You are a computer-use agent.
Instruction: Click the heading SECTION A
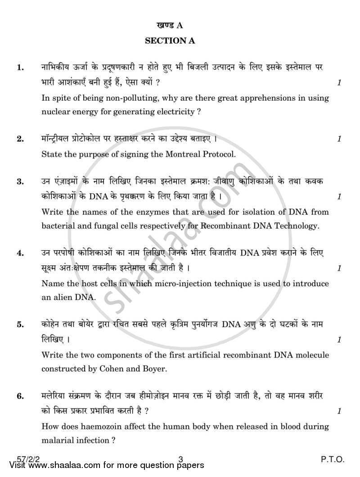(x=170, y=41)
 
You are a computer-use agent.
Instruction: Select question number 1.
(x=20, y=68)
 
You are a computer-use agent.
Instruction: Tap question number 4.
(x=20, y=253)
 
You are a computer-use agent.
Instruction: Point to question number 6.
(x=20, y=396)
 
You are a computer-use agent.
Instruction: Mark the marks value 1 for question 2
(x=339, y=139)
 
